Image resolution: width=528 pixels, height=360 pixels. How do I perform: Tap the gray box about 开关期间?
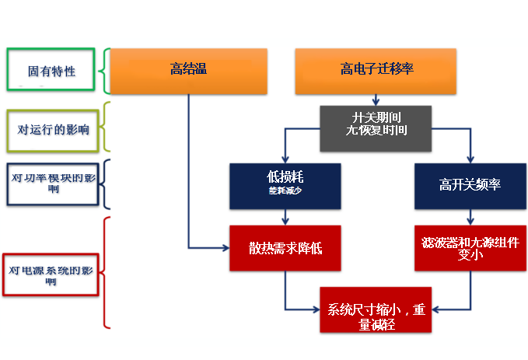pos(376,128)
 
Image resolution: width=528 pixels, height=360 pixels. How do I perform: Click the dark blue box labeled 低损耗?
pos(285,186)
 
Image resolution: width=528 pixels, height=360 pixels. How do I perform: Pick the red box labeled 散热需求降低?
pos(285,248)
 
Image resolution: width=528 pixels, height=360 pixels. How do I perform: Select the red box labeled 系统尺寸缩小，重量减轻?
pos(376,309)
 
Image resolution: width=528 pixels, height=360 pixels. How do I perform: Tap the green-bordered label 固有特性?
pos(51,71)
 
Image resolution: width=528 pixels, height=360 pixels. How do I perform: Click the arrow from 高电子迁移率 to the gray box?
pos(376,100)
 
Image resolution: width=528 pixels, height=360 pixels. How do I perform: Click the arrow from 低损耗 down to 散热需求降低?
pos(285,217)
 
